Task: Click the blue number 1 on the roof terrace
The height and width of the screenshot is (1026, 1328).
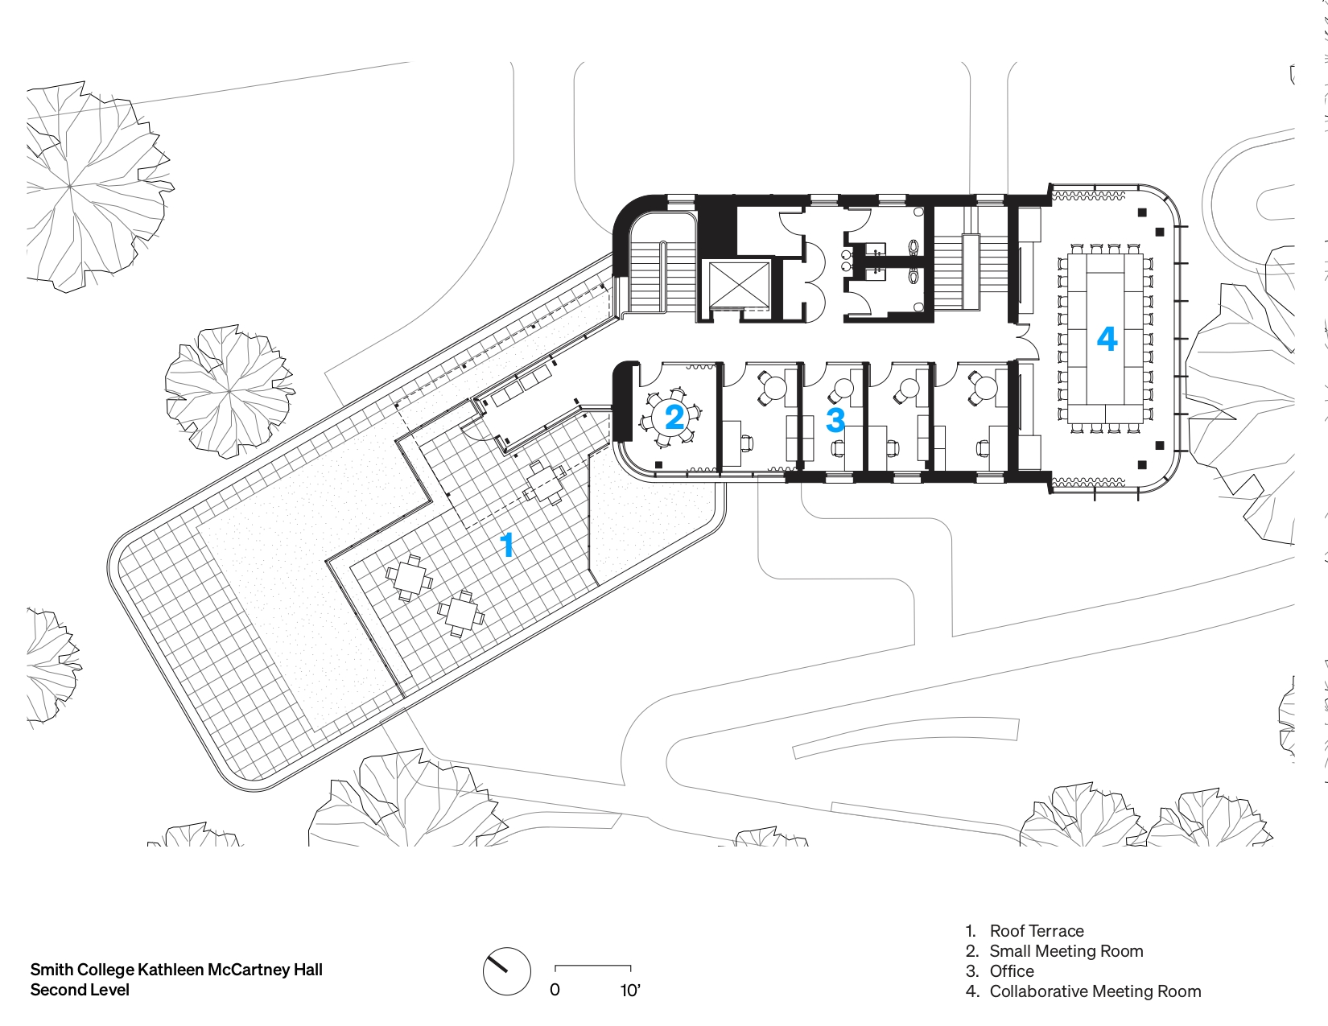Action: point(506,545)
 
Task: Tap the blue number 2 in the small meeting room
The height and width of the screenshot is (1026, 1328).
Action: point(674,417)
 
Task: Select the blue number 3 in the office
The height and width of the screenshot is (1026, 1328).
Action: point(835,420)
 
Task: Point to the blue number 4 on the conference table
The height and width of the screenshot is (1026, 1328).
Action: point(1107,339)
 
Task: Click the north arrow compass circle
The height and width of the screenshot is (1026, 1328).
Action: point(506,971)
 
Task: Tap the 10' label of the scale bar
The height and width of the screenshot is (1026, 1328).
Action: point(630,991)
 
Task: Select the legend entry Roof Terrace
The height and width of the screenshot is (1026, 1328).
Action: point(1037,931)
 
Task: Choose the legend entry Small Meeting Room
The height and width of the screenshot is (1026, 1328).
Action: point(1066,951)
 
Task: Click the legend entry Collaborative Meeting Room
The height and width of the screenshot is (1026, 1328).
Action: point(1095,991)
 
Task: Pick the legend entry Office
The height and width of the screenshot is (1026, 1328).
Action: point(1012,971)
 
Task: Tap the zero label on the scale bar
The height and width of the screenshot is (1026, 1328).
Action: point(555,991)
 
